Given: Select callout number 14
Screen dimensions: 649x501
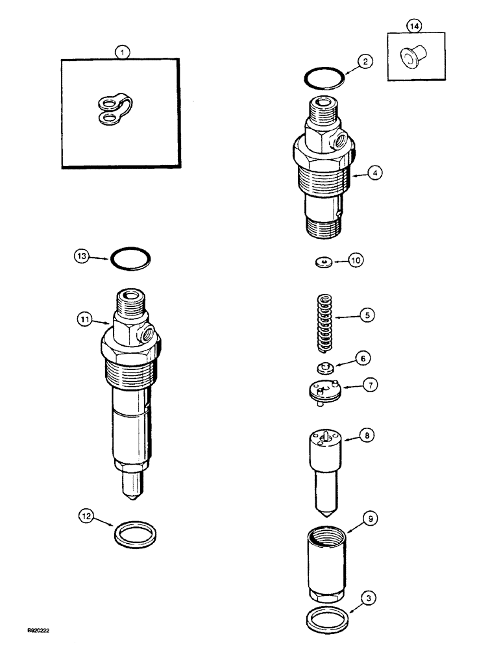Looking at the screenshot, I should point(414,26).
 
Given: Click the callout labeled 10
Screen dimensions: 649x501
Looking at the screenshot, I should point(356,260).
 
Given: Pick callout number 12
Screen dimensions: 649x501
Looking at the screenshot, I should point(86,517).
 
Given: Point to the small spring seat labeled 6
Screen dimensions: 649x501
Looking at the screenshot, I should point(324,368).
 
